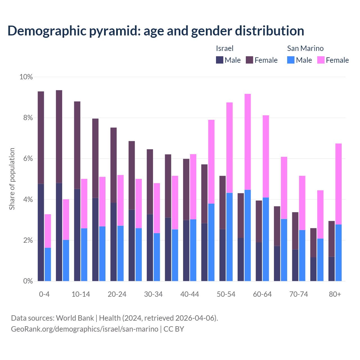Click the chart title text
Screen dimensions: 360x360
(156, 31)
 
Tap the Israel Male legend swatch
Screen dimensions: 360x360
(220, 60)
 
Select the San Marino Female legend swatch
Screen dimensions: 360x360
(321, 60)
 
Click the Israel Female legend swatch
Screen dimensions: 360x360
(249, 60)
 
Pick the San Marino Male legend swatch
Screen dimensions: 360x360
(291, 60)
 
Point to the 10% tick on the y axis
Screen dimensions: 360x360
(26, 77)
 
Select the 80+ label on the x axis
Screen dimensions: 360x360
(335, 294)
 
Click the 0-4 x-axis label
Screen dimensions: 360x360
(44, 294)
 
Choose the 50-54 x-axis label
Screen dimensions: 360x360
(226, 294)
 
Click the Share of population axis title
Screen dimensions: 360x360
(12, 179)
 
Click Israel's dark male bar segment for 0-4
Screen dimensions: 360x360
(41, 232)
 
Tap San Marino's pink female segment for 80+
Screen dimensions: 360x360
(339, 184)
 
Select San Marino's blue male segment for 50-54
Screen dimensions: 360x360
(229, 237)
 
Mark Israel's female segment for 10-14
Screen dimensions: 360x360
(77, 145)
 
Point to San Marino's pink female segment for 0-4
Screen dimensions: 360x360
(48, 231)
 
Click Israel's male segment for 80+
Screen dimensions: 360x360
(332, 269)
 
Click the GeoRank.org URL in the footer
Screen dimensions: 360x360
(84, 329)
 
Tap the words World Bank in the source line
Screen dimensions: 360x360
(75, 318)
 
